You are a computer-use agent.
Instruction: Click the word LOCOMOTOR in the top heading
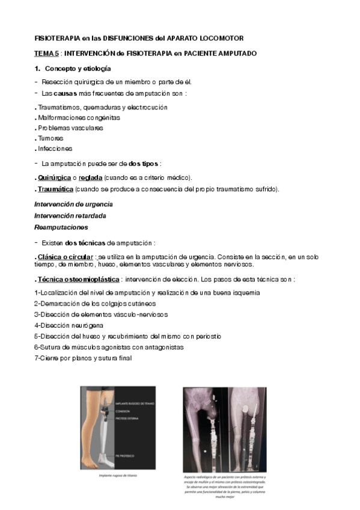222,38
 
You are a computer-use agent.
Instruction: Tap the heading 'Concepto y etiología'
78,69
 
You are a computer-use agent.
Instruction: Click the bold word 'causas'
66,94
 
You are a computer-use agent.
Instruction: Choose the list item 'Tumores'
50,138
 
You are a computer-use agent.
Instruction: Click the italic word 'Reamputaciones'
61,227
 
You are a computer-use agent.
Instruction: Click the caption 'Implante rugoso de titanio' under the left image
118,475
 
